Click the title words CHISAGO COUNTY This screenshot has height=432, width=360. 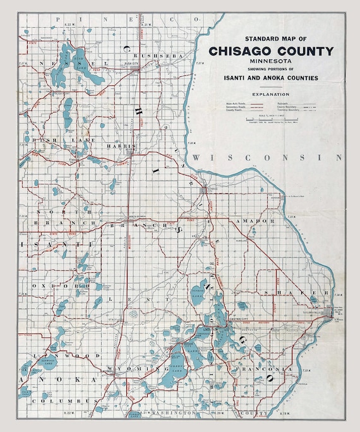272,51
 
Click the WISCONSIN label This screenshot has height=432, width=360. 268,157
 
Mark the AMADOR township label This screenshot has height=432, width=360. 256,221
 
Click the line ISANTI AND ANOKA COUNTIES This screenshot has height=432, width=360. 272,78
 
